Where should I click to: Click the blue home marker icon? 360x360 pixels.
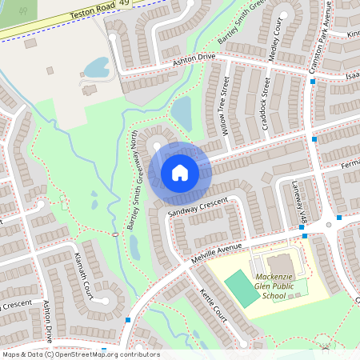click(180, 173)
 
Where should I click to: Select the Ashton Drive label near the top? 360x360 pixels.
click(194, 59)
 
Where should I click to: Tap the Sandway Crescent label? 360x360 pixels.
click(198, 206)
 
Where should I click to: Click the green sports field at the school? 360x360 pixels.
click(238, 285)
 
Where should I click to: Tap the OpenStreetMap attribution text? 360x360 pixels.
click(80, 354)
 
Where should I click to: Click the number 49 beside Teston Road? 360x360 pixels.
click(123, 5)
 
